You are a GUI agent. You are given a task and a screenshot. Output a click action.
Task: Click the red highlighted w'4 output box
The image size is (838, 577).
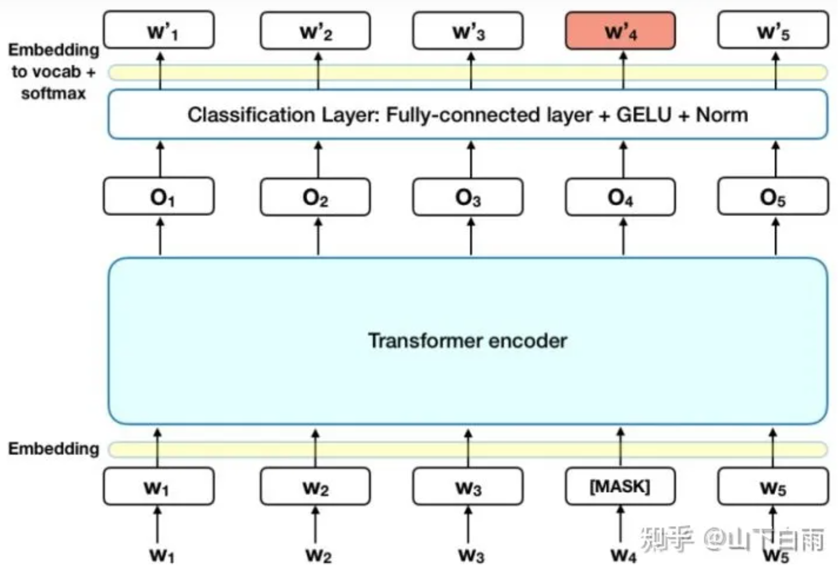click(620, 31)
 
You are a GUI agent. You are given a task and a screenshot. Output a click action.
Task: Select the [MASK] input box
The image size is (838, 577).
click(620, 487)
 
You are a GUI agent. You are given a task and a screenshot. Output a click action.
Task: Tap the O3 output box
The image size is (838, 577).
click(468, 197)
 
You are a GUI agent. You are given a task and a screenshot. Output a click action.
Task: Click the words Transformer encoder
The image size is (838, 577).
click(468, 341)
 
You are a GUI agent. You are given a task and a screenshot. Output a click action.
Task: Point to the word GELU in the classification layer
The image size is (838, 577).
click(643, 115)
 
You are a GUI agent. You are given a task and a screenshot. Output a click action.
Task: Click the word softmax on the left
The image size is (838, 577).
click(53, 93)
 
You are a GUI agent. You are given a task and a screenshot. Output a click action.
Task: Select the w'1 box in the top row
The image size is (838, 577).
click(159, 30)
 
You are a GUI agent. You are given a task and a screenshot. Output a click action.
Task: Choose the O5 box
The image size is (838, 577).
click(773, 197)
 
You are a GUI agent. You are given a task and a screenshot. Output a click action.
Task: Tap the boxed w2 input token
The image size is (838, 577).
click(315, 487)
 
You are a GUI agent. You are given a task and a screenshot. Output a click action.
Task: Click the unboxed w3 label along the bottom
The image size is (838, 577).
click(471, 555)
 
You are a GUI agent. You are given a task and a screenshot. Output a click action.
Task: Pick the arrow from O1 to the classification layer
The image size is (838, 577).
click(160, 159)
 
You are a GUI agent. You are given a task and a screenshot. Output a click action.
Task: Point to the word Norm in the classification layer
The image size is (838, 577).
click(722, 115)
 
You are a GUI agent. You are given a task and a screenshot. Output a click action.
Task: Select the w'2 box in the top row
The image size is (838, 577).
click(315, 31)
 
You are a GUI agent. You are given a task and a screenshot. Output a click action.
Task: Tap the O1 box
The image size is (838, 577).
click(159, 197)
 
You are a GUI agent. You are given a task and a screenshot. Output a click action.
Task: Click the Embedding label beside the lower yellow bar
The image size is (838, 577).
click(54, 449)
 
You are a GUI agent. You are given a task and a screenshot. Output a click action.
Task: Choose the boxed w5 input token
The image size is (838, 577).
click(773, 487)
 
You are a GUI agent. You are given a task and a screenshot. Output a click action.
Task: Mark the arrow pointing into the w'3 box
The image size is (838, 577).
click(471, 70)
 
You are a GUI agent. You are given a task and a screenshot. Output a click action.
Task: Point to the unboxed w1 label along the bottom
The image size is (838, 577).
click(162, 555)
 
